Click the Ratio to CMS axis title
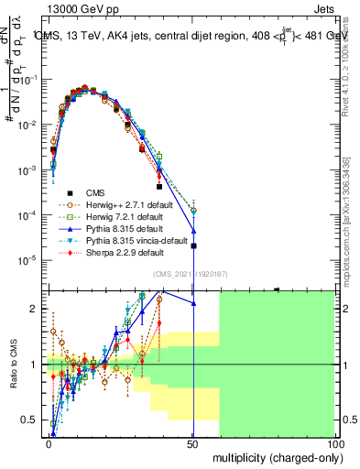(13, 366)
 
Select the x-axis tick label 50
(192, 442)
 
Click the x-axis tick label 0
(49, 442)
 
